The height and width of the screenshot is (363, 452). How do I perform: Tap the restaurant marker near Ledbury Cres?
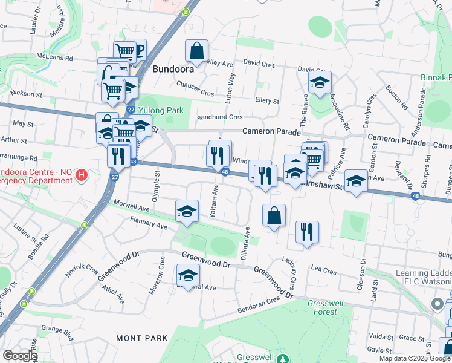tap(307, 232)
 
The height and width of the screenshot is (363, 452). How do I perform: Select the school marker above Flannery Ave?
tap(187, 212)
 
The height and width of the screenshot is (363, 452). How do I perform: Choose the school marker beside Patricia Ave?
tap(356, 181)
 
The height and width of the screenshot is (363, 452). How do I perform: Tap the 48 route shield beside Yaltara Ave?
tap(224, 173)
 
